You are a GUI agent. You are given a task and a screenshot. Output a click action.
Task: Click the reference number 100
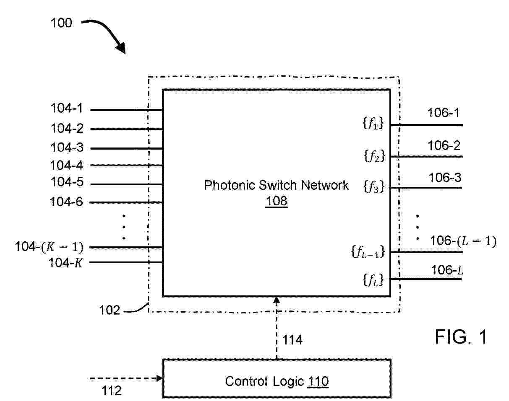[x=61, y=23]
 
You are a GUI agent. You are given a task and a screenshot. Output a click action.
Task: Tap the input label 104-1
[x=67, y=108]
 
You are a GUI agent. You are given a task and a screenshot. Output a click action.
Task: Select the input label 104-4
[x=66, y=165]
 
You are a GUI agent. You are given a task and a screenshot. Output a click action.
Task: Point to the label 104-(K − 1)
[x=49, y=247]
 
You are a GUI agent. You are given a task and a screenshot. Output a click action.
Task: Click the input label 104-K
[x=65, y=263]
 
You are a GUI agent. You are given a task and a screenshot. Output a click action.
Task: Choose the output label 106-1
[x=444, y=113]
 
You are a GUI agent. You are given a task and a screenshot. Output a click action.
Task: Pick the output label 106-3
[x=445, y=177]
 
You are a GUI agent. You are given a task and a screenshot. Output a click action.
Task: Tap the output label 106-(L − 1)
[x=463, y=241]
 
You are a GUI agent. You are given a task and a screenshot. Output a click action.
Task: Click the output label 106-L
[x=447, y=270]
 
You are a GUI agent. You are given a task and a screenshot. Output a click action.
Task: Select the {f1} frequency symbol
[x=373, y=123]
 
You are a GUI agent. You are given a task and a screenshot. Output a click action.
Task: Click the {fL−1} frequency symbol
[x=368, y=252]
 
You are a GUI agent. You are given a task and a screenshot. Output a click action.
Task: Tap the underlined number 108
[x=276, y=201]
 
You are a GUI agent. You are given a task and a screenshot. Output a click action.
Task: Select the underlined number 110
[x=318, y=381]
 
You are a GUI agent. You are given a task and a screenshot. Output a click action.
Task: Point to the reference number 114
[x=292, y=340]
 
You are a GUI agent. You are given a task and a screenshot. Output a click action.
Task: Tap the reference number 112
[x=111, y=391]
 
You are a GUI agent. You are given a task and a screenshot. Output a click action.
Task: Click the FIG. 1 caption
[x=461, y=337]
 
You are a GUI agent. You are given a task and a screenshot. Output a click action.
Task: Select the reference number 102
[x=110, y=310]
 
